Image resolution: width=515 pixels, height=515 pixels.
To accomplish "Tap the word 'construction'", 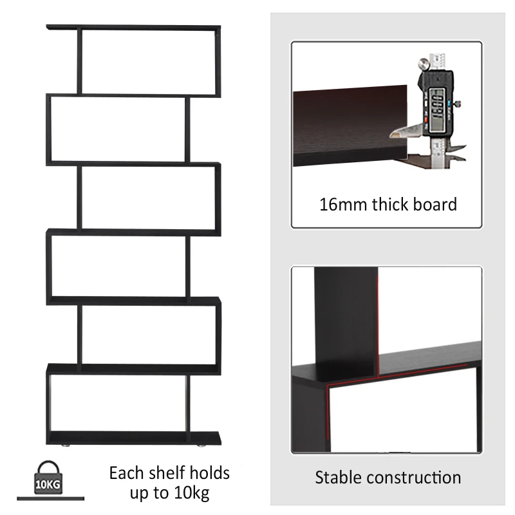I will pyautogui.click(x=414, y=478).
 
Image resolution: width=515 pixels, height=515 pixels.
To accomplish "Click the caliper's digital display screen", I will pyautogui.click(x=438, y=104).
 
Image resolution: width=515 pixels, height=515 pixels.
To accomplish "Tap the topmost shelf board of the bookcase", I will pyautogui.click(x=133, y=28).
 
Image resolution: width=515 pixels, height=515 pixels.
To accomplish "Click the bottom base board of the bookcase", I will pyautogui.click(x=133, y=438).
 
